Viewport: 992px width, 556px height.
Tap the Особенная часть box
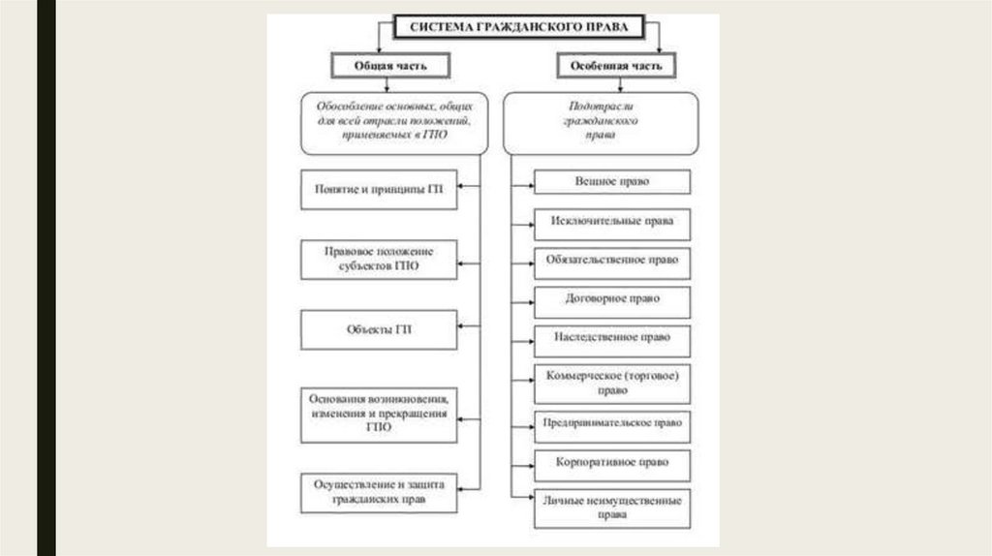(615, 66)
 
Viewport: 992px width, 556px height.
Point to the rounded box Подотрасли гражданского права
(600, 123)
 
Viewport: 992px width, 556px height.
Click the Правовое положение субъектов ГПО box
(378, 259)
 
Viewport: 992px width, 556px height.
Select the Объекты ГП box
(378, 329)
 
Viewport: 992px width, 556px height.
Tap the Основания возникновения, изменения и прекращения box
(378, 414)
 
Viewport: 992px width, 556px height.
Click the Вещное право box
(612, 182)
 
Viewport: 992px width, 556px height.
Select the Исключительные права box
(612, 223)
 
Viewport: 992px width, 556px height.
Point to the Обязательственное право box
(612, 261)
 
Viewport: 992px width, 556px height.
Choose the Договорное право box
(612, 299)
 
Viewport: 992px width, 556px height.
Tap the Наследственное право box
(612, 338)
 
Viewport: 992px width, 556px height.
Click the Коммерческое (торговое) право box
(612, 383)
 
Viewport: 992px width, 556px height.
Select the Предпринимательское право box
(612, 423)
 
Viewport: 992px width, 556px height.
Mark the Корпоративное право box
(612, 463)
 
